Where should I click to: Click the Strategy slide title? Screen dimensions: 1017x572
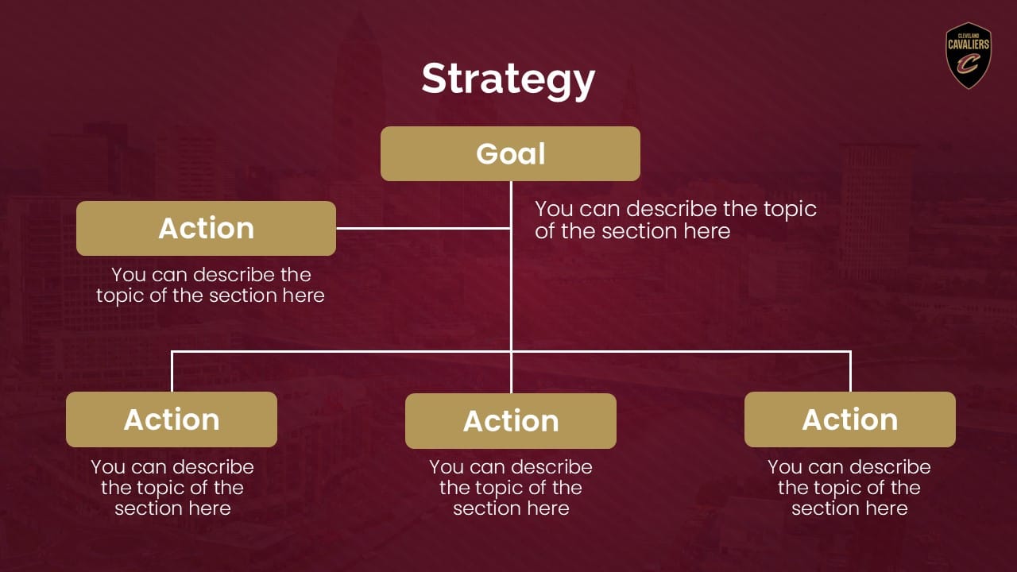(x=508, y=80)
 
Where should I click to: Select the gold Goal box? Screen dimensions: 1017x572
(x=510, y=153)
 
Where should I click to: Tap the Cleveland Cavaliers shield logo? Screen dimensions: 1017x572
(x=969, y=56)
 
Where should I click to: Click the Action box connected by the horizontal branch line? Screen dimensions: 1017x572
(x=206, y=228)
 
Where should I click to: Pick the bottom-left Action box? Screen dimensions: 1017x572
(x=172, y=419)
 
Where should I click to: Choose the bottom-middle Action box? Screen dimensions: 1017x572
(x=511, y=421)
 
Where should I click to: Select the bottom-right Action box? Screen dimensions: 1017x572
(x=850, y=419)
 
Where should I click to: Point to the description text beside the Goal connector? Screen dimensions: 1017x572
(x=675, y=220)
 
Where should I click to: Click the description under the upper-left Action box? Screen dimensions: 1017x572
(x=211, y=285)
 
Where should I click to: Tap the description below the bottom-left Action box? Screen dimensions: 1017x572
(x=172, y=488)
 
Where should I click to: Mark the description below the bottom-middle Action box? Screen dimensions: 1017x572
(x=511, y=488)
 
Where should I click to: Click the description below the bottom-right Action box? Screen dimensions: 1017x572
(x=849, y=488)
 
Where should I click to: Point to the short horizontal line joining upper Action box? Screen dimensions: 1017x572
(x=423, y=228)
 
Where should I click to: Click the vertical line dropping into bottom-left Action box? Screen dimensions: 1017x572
(x=172, y=372)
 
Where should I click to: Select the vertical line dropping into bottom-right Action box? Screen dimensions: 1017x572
(x=850, y=372)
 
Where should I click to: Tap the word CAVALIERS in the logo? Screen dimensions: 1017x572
(x=969, y=44)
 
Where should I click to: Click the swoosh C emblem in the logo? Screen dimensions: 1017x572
(x=968, y=64)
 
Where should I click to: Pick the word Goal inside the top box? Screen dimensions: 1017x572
(x=510, y=154)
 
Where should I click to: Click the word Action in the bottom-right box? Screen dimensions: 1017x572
(x=850, y=419)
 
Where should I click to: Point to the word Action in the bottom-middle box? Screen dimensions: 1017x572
(x=511, y=421)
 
